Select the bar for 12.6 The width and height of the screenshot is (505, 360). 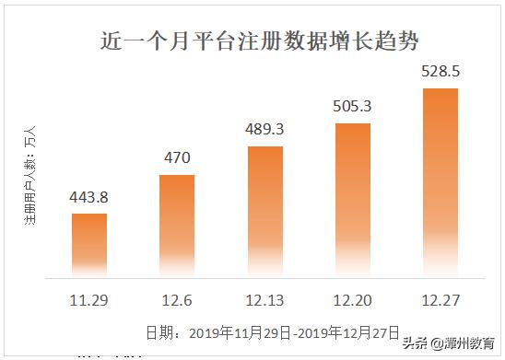[x=177, y=225]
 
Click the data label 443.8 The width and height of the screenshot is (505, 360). [x=89, y=197]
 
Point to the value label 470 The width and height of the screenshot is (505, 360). [x=177, y=157]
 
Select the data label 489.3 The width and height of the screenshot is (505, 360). [x=264, y=129]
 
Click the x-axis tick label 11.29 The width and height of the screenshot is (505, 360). [x=89, y=300]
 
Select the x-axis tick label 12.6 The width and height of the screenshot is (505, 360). [x=177, y=300]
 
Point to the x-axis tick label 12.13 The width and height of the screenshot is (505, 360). [x=264, y=300]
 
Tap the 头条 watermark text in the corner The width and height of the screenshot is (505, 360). [x=446, y=343]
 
